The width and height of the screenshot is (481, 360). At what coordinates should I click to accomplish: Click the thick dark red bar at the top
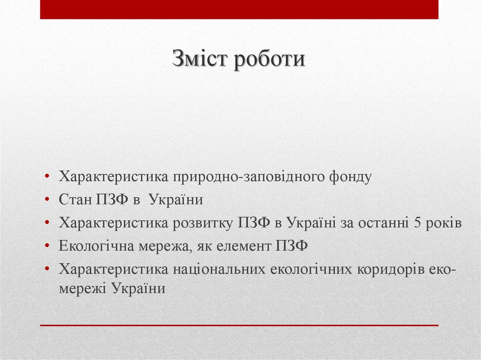pyautogui.click(x=239, y=9)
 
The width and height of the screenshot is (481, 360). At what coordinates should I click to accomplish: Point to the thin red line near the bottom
pyautogui.click(x=239, y=325)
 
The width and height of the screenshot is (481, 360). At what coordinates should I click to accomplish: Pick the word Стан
pyautogui.click(x=75, y=200)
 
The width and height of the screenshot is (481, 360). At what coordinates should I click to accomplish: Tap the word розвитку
pyautogui.click(x=203, y=223)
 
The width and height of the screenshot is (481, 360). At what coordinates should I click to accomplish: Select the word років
pyautogui.click(x=444, y=223)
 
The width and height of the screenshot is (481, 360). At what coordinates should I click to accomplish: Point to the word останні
pyautogui.click(x=383, y=223)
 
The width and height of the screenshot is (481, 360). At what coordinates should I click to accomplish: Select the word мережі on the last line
pyautogui.click(x=83, y=288)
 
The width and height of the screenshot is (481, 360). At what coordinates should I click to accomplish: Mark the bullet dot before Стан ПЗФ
pyautogui.click(x=48, y=200)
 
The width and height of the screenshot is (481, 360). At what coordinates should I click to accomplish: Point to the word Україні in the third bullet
pyautogui.click(x=310, y=223)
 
